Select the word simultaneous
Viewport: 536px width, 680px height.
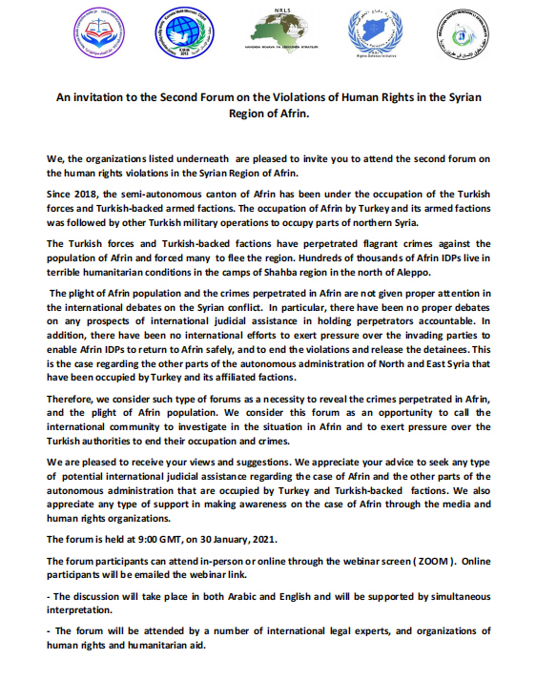click(x=456, y=596)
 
